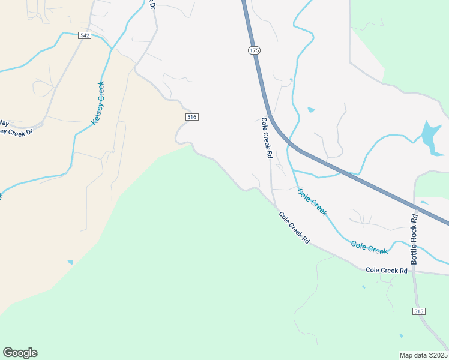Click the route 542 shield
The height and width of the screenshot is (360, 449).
pyautogui.click(x=85, y=36)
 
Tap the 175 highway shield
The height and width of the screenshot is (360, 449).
pyautogui.click(x=254, y=51)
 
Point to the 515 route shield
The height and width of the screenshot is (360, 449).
pyautogui.click(x=419, y=311)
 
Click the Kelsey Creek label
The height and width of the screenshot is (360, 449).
pyautogui.click(x=98, y=103)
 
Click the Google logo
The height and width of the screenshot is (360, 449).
pyautogui.click(x=20, y=353)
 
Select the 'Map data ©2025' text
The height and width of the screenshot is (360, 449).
pyautogui.click(x=423, y=355)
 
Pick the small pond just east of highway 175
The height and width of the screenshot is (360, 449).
pyautogui.click(x=311, y=110)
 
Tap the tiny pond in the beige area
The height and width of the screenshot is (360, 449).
pyautogui.click(x=70, y=262)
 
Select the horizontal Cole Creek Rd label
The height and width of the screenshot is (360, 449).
pyautogui.click(x=387, y=271)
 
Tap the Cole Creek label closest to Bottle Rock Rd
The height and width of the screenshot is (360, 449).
pyautogui.click(x=369, y=247)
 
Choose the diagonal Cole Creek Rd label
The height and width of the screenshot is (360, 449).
pyautogui.click(x=294, y=227)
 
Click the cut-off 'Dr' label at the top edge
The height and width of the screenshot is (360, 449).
pyautogui.click(x=152, y=5)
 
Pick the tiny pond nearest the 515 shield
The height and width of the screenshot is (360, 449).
pyautogui.click(x=401, y=335)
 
